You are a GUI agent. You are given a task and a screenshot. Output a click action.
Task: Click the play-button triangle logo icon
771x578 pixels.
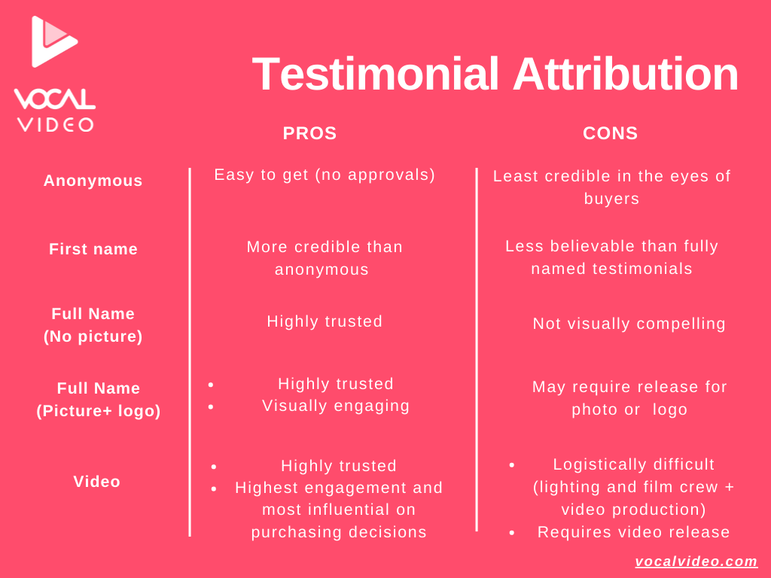click(52, 41)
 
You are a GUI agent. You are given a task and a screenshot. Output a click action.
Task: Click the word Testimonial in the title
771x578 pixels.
click(376, 75)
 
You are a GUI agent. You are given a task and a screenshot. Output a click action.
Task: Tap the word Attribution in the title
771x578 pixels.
click(626, 75)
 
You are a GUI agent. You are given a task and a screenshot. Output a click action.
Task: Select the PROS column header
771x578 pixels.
click(309, 133)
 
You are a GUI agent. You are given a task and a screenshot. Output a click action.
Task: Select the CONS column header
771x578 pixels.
click(610, 133)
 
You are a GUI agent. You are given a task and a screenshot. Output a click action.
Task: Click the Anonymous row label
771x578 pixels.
click(93, 181)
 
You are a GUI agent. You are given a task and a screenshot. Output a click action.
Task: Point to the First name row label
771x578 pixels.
click(93, 248)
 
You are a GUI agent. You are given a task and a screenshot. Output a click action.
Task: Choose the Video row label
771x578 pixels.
click(97, 481)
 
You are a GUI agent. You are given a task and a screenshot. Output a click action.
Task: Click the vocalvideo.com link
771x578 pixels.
click(696, 561)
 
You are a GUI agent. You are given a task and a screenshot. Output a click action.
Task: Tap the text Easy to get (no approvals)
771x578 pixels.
click(325, 175)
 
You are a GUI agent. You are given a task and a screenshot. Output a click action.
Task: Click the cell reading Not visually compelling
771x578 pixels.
click(629, 324)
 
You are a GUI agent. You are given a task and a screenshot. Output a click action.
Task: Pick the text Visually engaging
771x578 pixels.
click(336, 406)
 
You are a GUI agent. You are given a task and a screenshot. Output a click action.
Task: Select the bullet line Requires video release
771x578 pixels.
click(633, 532)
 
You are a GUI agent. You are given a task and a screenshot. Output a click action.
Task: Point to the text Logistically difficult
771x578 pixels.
click(633, 464)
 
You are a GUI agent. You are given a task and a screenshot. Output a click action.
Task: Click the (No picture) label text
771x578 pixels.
click(93, 336)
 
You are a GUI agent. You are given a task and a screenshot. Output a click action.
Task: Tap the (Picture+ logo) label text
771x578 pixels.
click(99, 411)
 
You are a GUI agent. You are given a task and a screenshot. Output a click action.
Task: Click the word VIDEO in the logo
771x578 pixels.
click(55, 125)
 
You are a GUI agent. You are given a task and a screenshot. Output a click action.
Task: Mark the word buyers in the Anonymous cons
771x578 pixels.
click(611, 199)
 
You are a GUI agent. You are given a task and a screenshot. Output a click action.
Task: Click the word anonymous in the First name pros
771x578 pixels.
click(322, 270)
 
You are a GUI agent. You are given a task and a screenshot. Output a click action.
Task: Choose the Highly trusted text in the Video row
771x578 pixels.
click(339, 466)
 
